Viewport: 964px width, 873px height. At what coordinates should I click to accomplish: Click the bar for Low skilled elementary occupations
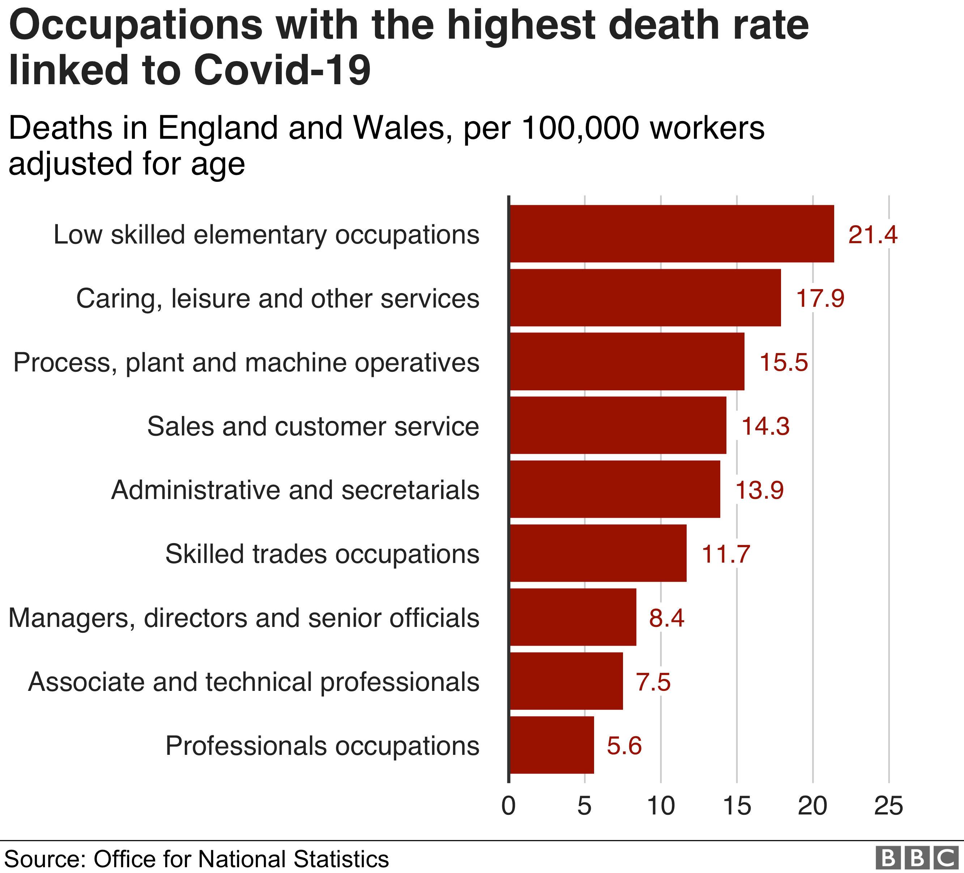(x=671, y=234)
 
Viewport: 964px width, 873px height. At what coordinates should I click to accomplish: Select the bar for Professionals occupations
(x=551, y=745)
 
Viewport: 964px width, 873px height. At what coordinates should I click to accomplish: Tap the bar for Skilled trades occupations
(x=598, y=553)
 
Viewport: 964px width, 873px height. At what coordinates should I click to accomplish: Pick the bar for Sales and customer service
(x=618, y=425)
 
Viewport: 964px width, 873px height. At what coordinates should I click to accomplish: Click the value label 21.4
(x=873, y=235)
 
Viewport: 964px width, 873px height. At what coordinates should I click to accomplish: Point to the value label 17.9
(x=820, y=298)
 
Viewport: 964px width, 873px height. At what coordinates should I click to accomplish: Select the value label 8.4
(x=666, y=618)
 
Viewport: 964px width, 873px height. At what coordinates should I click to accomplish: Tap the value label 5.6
(x=624, y=745)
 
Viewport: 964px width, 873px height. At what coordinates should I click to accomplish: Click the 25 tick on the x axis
(x=888, y=806)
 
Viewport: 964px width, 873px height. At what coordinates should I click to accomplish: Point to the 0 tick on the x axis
(x=508, y=806)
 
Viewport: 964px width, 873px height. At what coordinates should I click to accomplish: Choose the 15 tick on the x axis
(x=737, y=806)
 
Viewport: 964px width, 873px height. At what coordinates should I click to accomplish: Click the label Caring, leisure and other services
(x=277, y=298)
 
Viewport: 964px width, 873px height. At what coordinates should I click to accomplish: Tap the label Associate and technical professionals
(x=253, y=681)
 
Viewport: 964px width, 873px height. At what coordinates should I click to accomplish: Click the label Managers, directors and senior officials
(x=244, y=618)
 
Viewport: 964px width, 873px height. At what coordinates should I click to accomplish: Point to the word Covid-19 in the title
(x=282, y=70)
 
